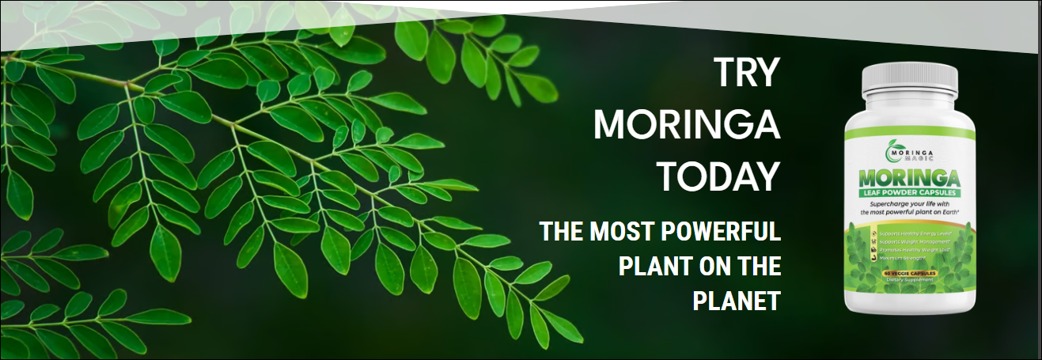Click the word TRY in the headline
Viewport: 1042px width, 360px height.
(747, 73)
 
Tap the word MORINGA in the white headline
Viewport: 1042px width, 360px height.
(687, 125)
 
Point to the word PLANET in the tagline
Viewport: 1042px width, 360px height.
(737, 301)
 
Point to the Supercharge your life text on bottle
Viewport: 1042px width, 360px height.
(907, 209)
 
